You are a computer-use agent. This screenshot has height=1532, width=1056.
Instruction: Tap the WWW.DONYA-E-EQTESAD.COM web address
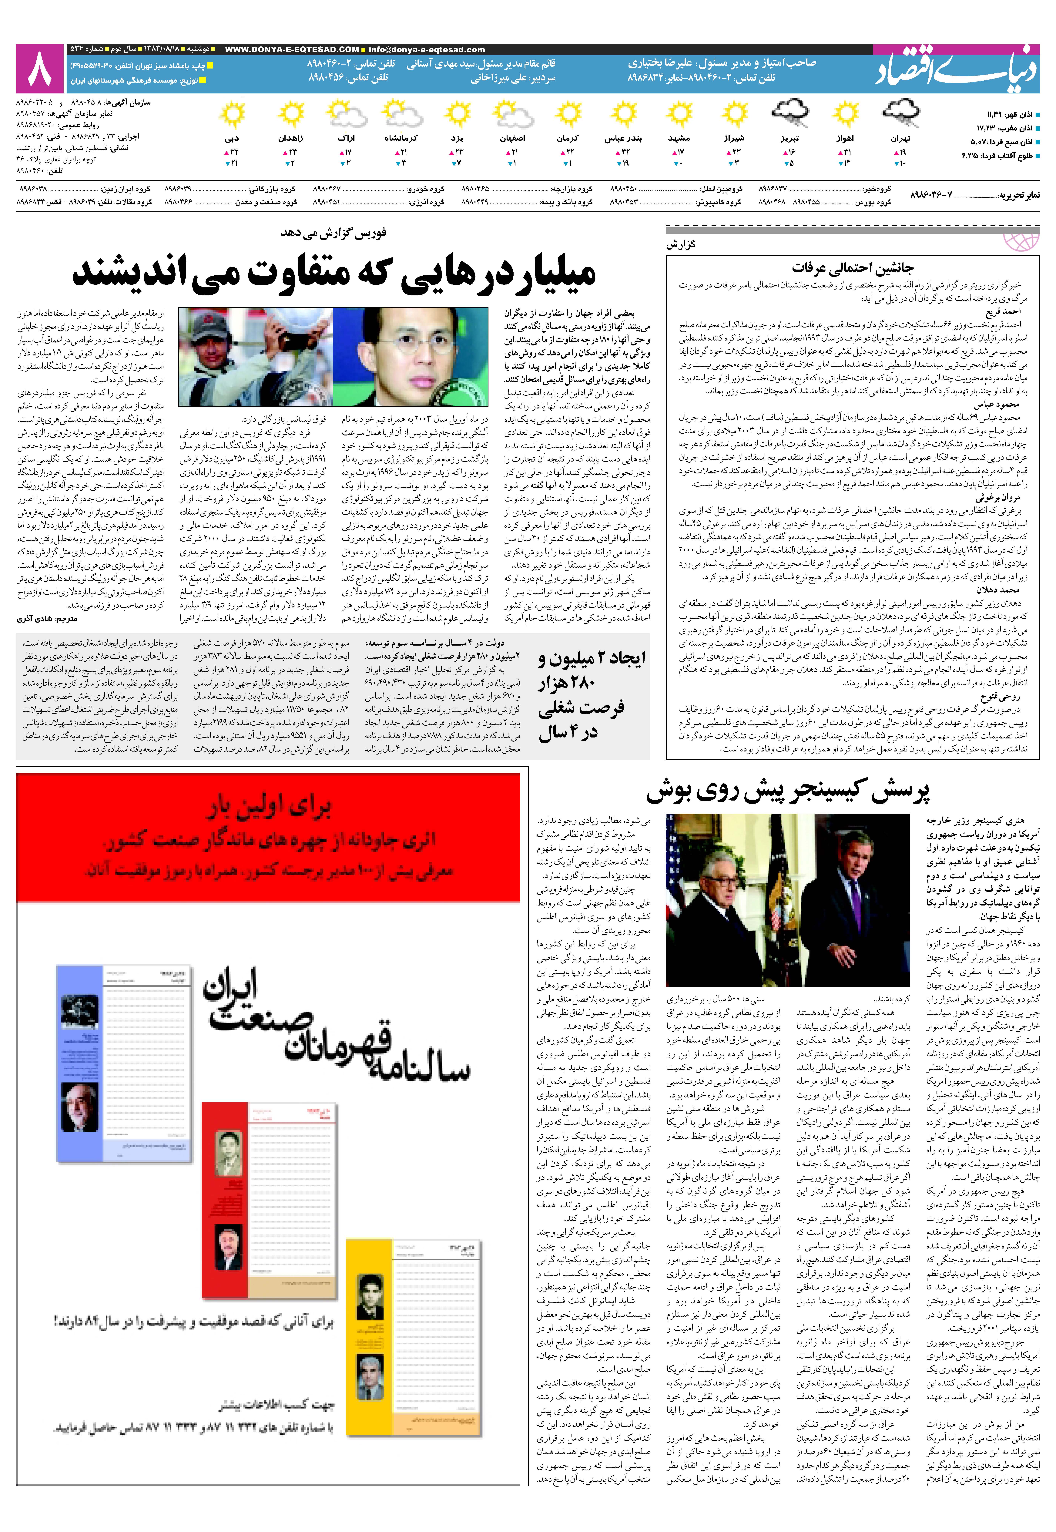(292, 50)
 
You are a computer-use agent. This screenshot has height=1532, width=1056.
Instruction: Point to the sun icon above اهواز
(845, 115)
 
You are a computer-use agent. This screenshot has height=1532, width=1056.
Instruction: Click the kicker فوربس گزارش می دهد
(334, 233)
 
